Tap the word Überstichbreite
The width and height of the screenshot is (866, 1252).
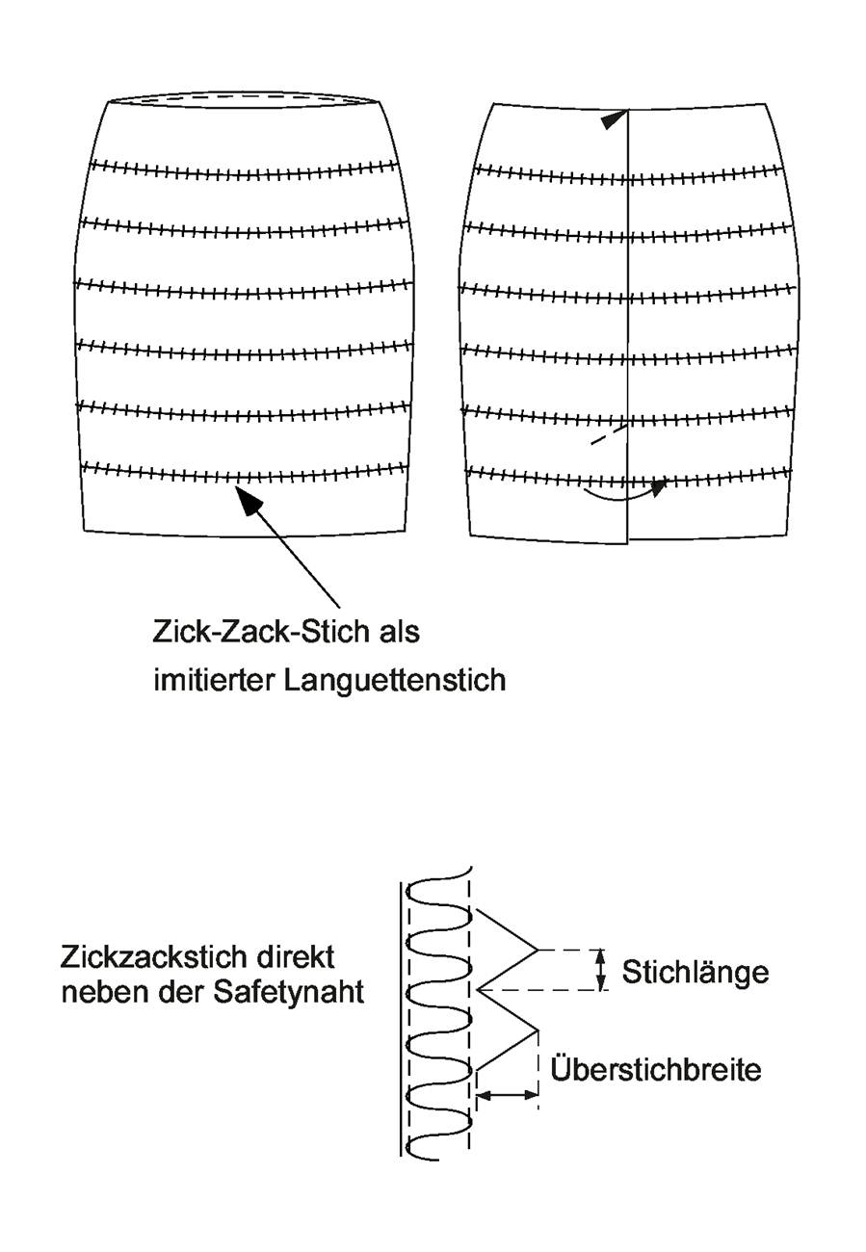click(x=655, y=1069)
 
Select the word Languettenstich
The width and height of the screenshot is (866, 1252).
click(x=395, y=681)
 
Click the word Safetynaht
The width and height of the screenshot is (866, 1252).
click(x=288, y=992)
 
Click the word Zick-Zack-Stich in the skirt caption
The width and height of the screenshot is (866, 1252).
click(x=260, y=632)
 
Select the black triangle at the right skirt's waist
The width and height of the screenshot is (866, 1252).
click(x=614, y=119)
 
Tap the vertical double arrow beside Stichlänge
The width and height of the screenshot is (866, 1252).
click(x=600, y=970)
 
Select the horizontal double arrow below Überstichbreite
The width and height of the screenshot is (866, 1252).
click(x=507, y=1096)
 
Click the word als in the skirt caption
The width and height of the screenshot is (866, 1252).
click(x=399, y=632)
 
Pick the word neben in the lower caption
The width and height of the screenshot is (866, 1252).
click(x=103, y=992)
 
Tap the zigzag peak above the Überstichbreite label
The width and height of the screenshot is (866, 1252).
click(x=538, y=1030)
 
